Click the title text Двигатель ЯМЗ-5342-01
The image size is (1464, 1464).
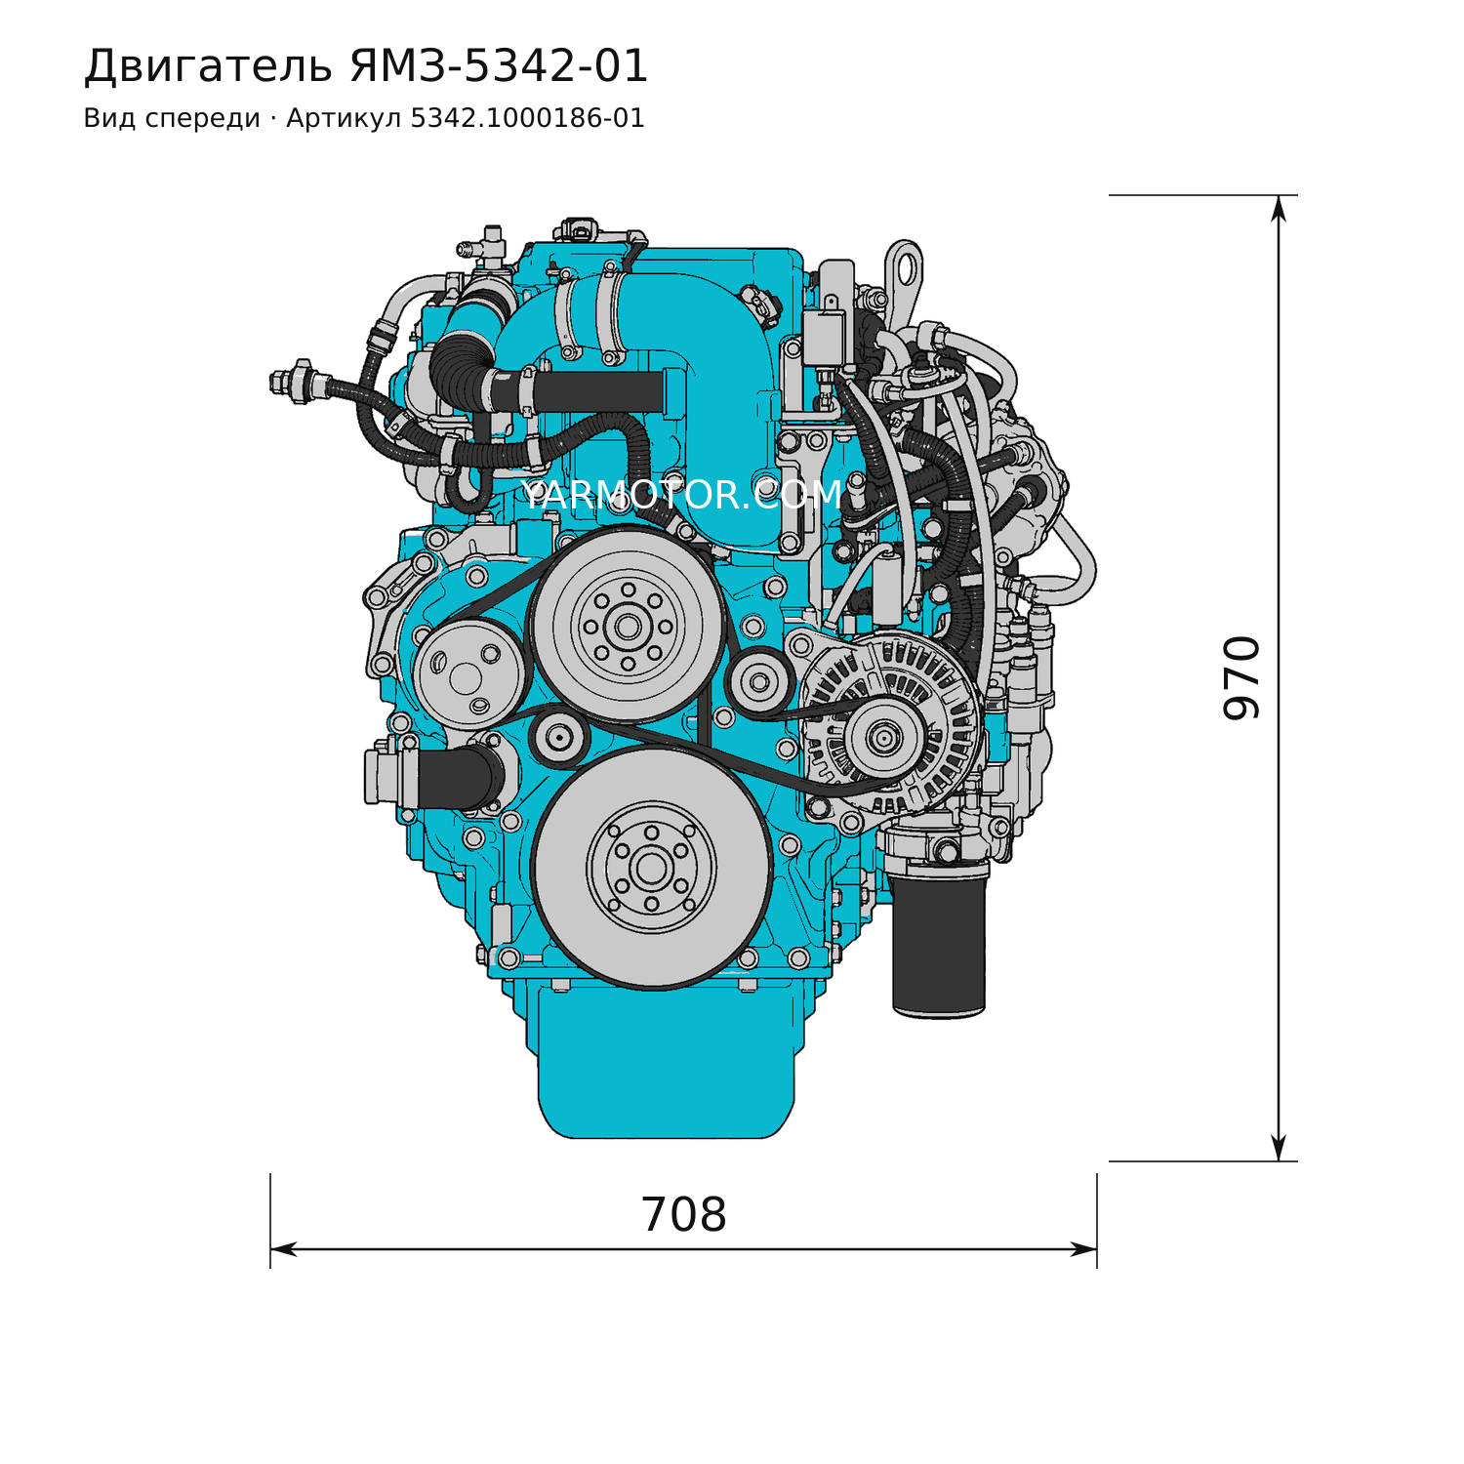click(x=366, y=66)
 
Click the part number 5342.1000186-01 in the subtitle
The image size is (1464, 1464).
click(x=527, y=119)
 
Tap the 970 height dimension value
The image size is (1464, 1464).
click(x=1241, y=677)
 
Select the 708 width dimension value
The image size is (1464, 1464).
click(x=683, y=1215)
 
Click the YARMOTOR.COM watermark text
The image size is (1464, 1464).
click(x=680, y=495)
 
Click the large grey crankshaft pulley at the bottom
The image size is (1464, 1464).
click(x=652, y=868)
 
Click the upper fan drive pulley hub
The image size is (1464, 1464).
click(x=628, y=625)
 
